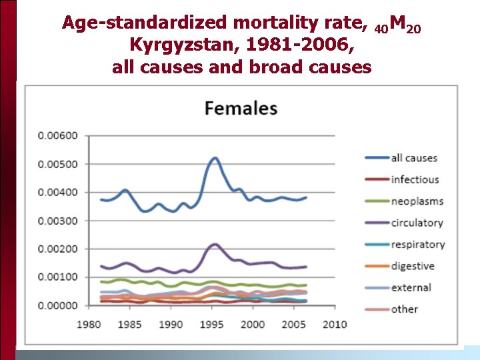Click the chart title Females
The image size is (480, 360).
241,108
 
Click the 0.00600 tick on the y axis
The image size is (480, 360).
58,136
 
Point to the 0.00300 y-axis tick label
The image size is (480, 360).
58,221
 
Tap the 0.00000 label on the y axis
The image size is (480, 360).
58,305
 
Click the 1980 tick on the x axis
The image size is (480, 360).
90,324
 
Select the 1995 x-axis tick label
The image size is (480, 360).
212,324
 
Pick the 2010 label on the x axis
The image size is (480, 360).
334,324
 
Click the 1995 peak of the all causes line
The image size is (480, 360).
214,158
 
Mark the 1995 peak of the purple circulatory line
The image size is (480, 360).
213,244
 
